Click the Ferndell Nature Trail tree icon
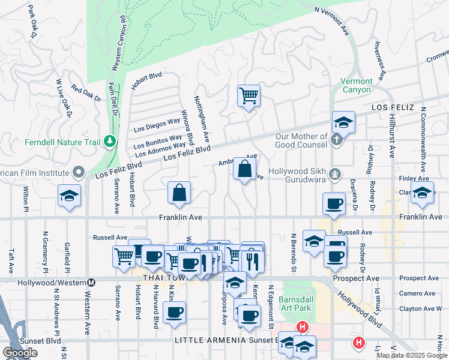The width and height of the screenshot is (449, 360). click(x=109, y=142)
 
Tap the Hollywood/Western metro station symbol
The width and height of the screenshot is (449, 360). click(x=91, y=283)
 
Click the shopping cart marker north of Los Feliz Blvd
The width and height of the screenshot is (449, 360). click(x=249, y=95)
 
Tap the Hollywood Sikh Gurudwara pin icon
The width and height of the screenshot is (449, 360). click(x=336, y=175)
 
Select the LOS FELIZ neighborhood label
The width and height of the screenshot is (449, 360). click(x=393, y=107)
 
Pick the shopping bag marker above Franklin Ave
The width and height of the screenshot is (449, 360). click(x=179, y=193)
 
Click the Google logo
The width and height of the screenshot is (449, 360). click(x=20, y=353)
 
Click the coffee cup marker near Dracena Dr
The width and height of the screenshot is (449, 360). click(x=334, y=203)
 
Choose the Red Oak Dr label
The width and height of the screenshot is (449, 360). click(x=86, y=95)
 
